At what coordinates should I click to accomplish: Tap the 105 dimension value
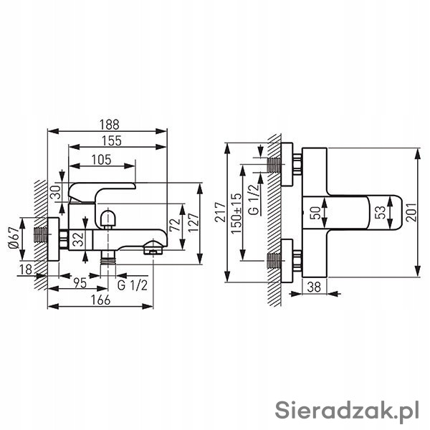101,159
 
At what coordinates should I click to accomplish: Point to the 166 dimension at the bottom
100,300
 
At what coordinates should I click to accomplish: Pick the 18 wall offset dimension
26,269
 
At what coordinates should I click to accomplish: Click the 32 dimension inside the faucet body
79,239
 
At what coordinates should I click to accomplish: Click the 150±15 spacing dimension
235,209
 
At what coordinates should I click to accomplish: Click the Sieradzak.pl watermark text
348,411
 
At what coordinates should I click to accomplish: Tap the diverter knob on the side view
107,216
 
